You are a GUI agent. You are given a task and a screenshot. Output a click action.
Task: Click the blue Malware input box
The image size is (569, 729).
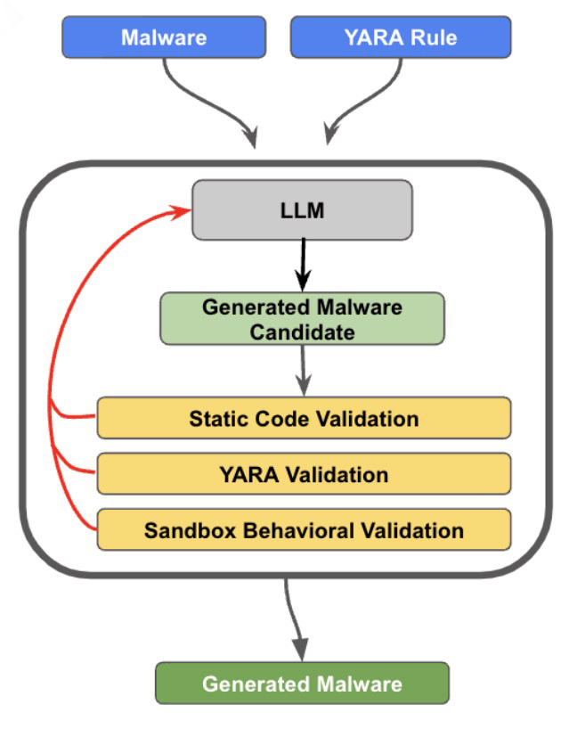164,37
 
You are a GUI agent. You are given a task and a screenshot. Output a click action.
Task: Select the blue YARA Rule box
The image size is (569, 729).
401,37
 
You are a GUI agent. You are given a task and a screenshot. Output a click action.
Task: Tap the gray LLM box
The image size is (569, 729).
303,210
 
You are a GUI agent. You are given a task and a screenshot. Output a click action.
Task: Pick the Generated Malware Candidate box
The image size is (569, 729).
303,318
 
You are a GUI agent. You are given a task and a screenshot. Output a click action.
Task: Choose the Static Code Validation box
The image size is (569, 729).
304,418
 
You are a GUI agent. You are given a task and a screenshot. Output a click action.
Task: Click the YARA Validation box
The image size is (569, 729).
304,474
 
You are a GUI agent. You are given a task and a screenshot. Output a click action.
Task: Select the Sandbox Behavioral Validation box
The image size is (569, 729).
304,530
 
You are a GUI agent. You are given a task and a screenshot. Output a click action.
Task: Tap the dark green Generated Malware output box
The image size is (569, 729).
303,684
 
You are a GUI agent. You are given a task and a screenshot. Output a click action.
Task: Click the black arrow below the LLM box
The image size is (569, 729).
304,265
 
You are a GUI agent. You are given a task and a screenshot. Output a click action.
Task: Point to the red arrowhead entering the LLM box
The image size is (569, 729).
182,211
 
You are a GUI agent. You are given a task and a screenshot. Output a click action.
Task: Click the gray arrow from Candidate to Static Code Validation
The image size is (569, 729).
304,371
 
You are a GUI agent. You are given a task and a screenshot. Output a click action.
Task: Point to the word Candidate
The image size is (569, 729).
303,332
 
